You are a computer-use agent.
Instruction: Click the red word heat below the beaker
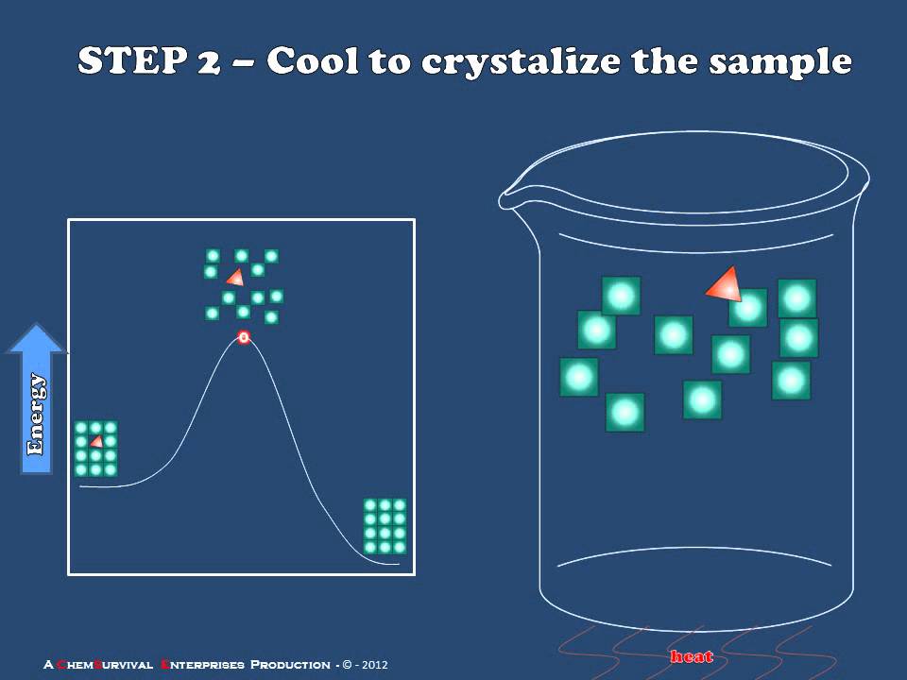(691, 656)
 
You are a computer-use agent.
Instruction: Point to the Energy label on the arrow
(36, 415)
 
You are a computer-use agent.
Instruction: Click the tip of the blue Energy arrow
(37, 327)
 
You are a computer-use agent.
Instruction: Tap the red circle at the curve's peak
(243, 337)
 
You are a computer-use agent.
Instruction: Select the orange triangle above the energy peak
(234, 277)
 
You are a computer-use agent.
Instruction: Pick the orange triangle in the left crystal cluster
(95, 441)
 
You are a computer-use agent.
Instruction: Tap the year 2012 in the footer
(373, 665)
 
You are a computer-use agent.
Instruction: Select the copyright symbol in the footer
(347, 665)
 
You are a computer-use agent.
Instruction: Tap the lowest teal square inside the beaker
(625, 412)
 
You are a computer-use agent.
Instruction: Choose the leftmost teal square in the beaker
(578, 377)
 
